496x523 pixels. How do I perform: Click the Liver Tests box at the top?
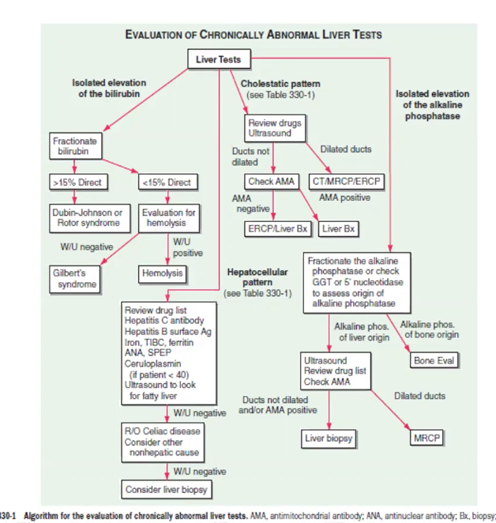219,59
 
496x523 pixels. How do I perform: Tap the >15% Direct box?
77,182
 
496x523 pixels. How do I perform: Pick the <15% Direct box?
167,182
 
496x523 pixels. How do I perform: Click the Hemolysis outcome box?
162,274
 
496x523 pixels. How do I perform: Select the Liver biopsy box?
329,438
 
